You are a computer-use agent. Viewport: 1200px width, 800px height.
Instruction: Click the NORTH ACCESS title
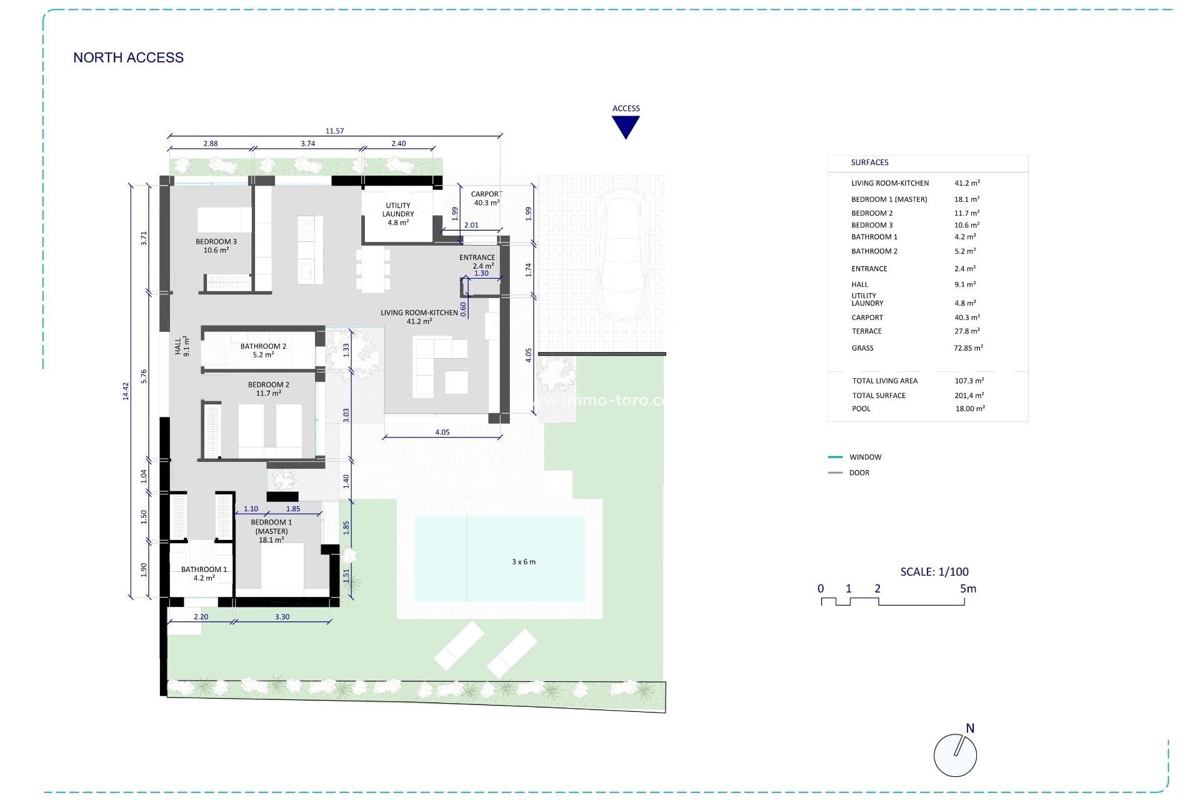[x=128, y=57]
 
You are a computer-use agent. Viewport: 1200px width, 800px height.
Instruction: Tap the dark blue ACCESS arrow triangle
[x=626, y=126]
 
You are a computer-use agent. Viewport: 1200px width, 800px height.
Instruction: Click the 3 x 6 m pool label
[x=524, y=562]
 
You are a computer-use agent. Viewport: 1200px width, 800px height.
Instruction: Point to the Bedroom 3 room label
[x=216, y=246]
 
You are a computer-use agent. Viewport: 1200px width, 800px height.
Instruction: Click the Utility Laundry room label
[x=398, y=214]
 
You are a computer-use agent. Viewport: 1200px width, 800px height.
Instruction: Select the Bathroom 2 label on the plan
[x=263, y=350]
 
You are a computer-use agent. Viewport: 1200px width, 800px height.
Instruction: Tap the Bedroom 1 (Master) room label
[x=271, y=531]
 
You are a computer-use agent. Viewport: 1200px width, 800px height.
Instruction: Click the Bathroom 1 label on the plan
[x=204, y=574]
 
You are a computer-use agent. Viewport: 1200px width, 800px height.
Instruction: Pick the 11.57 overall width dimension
[x=334, y=131]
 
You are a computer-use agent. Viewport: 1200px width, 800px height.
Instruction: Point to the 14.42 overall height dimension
[x=126, y=391]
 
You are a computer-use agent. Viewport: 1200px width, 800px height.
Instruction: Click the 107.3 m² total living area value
[x=969, y=381]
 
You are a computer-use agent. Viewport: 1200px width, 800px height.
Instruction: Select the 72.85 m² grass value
[x=968, y=348]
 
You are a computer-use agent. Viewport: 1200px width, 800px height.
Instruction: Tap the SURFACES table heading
[x=869, y=162]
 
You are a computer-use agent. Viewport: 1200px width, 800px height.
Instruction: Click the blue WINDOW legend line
[x=835, y=457]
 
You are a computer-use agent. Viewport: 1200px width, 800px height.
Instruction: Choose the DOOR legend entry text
[x=859, y=473]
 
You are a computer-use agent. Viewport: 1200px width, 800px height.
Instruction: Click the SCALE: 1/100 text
[x=934, y=571]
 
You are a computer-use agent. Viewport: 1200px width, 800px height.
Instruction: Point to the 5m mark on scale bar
[x=967, y=589]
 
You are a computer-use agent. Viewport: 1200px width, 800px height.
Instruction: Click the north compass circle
[x=955, y=756]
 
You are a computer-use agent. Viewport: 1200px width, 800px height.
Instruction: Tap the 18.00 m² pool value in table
[x=970, y=409]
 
